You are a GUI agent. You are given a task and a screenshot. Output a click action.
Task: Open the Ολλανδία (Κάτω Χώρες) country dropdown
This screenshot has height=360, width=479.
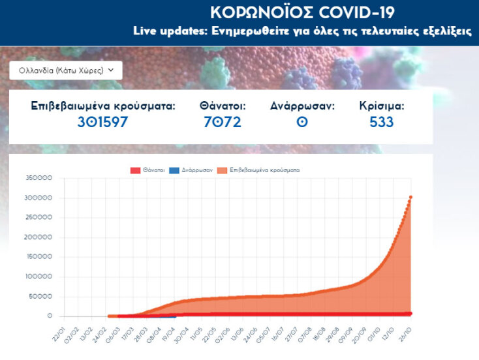[65, 70]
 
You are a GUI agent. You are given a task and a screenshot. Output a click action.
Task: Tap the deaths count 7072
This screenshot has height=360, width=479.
[223, 122]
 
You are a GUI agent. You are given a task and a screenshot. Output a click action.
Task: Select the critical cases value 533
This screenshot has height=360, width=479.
[382, 122]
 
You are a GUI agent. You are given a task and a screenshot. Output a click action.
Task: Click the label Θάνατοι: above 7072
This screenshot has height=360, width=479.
[223, 105]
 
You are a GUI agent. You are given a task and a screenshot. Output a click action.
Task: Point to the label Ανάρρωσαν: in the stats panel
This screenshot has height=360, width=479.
[302, 105]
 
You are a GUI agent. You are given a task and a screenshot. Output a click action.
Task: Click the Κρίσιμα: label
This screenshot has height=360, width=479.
[382, 105]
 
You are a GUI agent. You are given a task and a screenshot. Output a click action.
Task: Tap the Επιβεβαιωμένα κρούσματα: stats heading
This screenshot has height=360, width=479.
[103, 105]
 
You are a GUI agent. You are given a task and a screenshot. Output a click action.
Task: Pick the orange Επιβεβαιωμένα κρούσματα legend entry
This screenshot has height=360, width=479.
[258, 170]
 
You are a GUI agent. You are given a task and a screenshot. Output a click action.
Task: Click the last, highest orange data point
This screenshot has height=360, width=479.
[410, 197]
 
